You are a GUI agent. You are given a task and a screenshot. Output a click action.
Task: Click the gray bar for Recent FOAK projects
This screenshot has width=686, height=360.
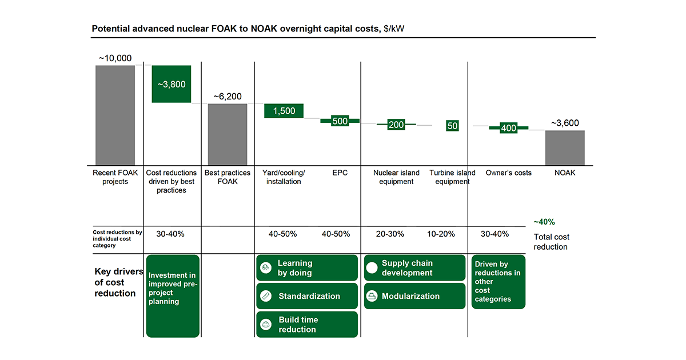[115, 115]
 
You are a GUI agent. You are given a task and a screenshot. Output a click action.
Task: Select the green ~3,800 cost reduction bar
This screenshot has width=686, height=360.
[171, 84]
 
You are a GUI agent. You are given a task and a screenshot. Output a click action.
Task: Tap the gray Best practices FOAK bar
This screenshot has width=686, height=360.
[227, 134]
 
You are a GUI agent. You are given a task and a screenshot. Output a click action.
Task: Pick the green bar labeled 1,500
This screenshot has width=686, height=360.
[284, 111]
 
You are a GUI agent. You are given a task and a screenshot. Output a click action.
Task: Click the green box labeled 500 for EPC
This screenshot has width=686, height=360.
[340, 121]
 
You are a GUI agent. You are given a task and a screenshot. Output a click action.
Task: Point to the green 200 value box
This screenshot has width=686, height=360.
[396, 125]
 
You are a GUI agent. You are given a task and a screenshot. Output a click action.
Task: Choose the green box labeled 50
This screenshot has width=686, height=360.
[452, 125]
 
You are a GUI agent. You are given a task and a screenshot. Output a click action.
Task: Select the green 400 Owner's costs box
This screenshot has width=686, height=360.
[508, 128]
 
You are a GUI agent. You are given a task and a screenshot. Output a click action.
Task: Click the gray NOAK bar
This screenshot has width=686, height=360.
[565, 147]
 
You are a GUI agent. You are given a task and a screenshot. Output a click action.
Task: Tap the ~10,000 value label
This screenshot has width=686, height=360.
[115, 58]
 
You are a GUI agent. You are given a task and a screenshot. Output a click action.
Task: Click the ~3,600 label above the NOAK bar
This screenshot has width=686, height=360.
[565, 123]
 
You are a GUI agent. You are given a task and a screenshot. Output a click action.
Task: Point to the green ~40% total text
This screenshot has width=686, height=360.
[544, 222]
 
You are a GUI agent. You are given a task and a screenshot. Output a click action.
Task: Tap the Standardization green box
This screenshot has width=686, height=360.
[306, 296]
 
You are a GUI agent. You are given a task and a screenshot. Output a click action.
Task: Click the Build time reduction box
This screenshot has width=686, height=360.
[306, 325]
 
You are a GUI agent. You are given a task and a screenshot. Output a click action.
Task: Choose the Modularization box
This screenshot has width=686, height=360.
[414, 296]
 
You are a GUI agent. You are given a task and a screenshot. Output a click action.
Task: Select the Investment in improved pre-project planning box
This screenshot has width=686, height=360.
[173, 295]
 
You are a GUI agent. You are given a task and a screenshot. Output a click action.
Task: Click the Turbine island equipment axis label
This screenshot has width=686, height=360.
[452, 177]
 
